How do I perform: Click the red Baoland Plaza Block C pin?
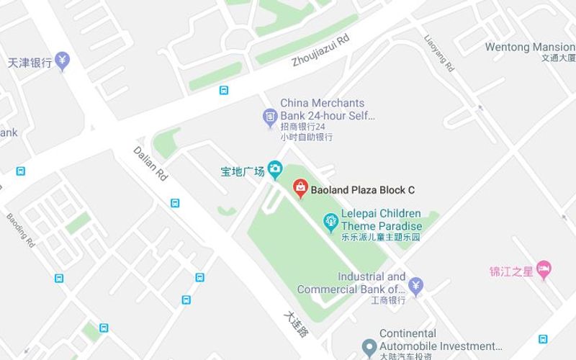[x=300, y=189]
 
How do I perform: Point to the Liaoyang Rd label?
[x=439, y=53]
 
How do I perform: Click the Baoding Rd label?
[x=21, y=230]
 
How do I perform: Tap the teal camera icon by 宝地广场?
[x=275, y=170]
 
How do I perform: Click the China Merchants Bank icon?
[x=269, y=115]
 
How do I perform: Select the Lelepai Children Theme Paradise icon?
[x=330, y=220]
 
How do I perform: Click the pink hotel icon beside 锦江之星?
[x=544, y=270]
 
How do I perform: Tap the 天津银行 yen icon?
[x=63, y=61]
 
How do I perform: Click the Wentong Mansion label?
[x=530, y=48]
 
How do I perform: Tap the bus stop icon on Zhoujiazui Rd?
[x=225, y=91]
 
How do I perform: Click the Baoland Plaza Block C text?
[x=363, y=191]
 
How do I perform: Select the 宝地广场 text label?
[x=243, y=171]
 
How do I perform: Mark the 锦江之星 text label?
[x=511, y=271]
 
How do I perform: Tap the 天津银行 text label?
[x=30, y=63]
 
